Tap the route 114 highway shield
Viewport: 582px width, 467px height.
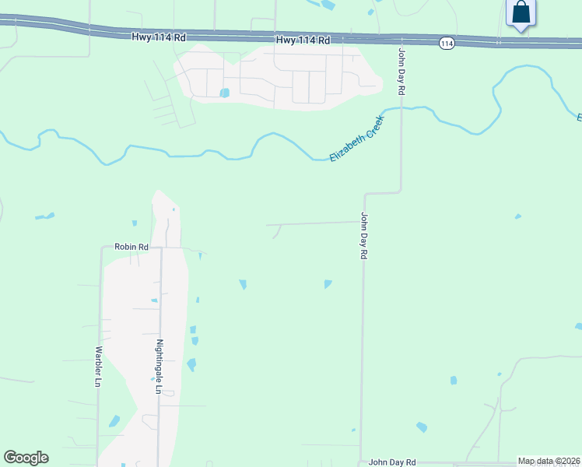(x=446, y=44)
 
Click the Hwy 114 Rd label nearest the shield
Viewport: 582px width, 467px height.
(x=303, y=40)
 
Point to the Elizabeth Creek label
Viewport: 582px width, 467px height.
(x=356, y=139)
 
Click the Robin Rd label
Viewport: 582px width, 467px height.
(x=131, y=247)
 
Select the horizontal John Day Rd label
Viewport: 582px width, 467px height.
(x=392, y=462)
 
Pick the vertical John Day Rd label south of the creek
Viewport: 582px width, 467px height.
(x=363, y=237)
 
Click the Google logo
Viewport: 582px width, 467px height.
(x=26, y=458)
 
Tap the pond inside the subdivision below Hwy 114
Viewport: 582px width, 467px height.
(x=224, y=93)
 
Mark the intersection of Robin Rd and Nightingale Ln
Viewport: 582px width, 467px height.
(x=160, y=248)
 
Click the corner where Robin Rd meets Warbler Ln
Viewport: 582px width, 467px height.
(x=102, y=248)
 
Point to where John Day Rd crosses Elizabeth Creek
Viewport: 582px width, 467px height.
(x=401, y=109)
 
